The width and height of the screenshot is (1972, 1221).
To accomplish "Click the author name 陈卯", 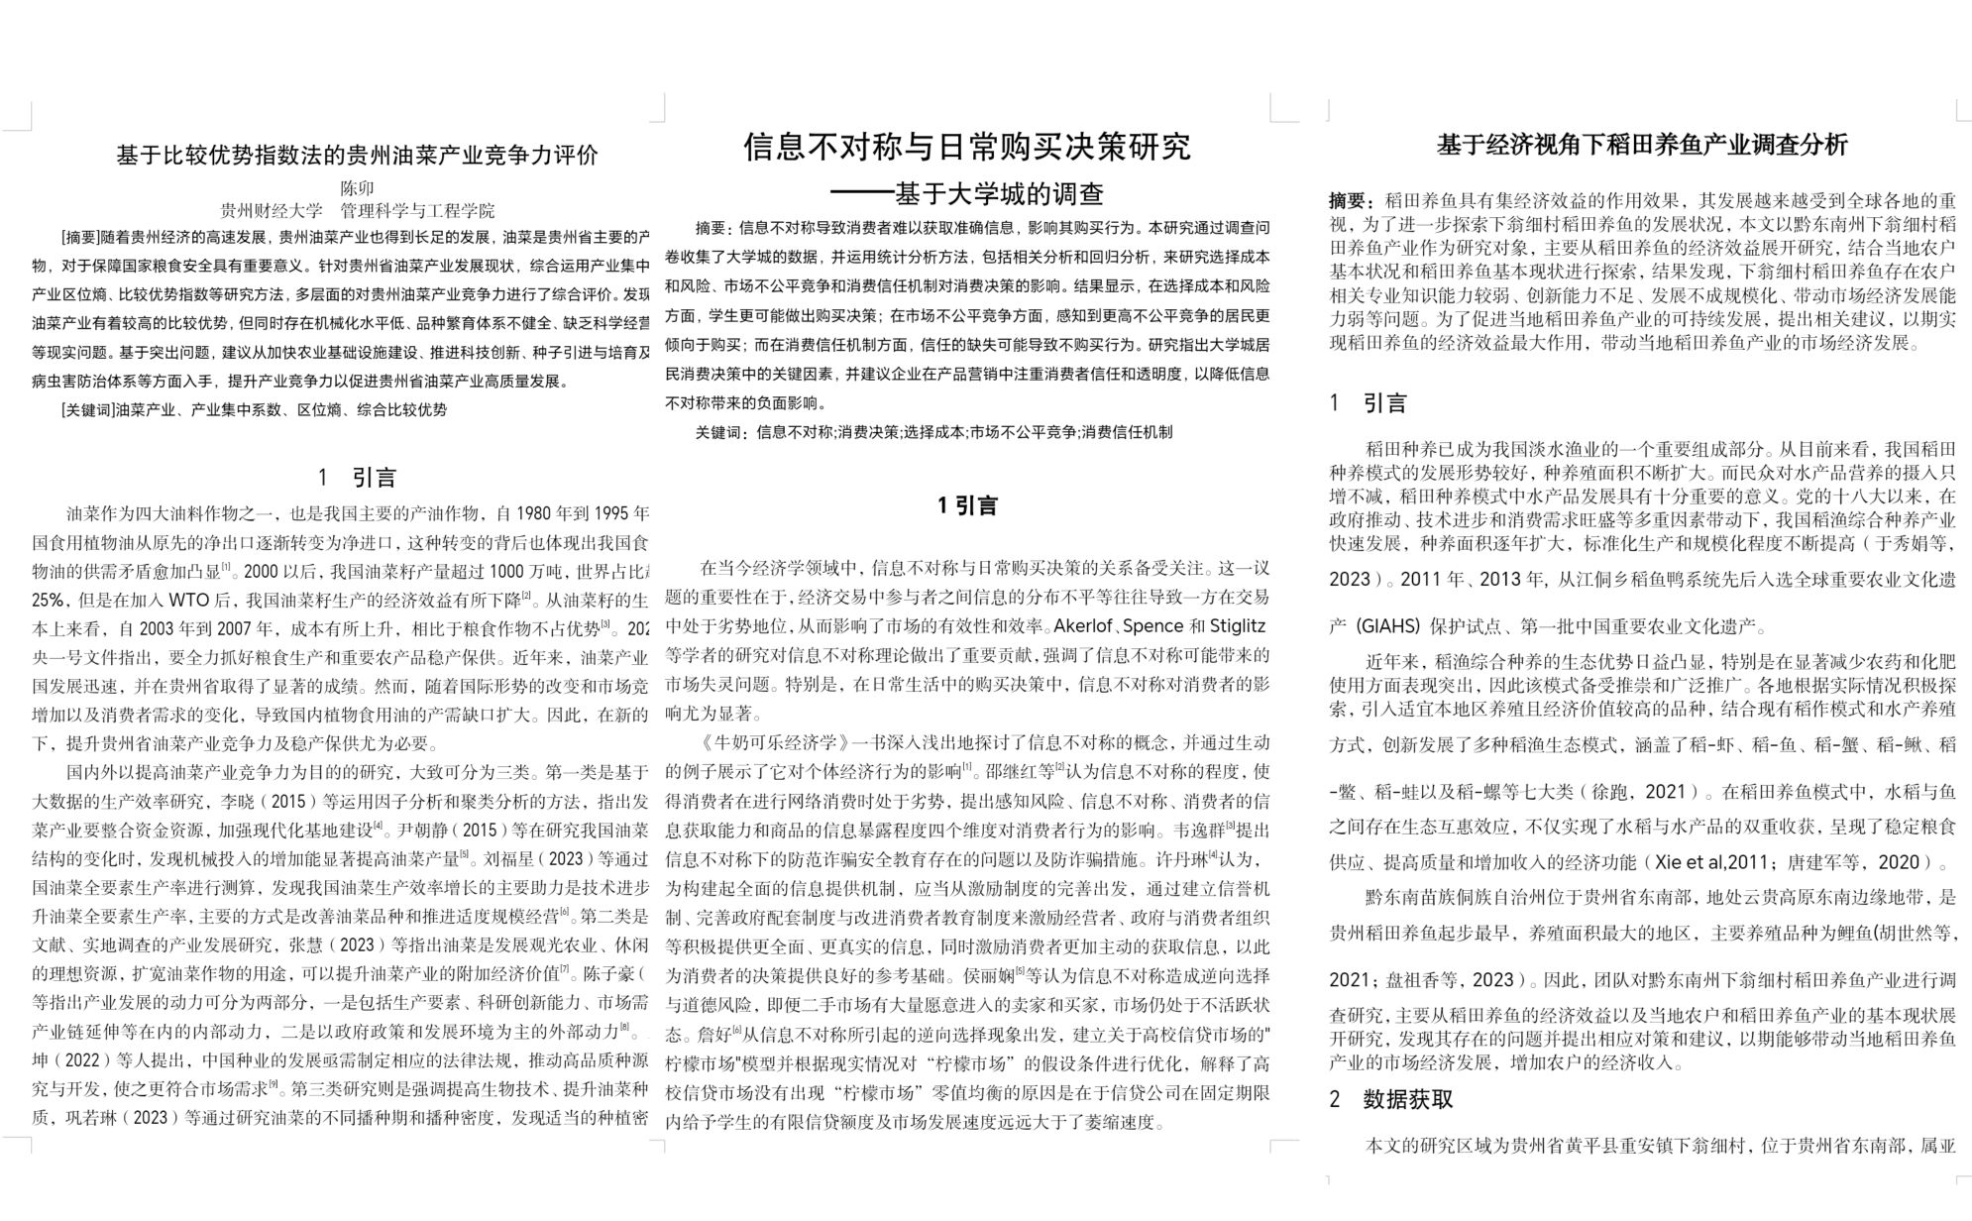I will coord(357,188).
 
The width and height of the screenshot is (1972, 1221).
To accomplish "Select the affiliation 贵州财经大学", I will coord(271,211).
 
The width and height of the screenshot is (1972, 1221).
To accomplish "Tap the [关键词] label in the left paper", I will coord(87,409).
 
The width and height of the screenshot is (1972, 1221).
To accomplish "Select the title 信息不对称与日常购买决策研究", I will coord(966,147).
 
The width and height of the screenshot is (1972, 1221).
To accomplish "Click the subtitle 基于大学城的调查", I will coord(999,193).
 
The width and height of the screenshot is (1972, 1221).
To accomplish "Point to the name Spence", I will coord(1152,626).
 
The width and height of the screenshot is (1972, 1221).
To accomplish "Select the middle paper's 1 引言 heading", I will coord(966,505).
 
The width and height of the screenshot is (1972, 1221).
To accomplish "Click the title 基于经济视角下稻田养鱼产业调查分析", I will coord(1642,145).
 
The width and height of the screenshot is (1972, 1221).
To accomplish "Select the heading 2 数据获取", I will coord(1391,1099).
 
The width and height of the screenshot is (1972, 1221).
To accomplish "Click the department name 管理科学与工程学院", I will coord(417,211).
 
